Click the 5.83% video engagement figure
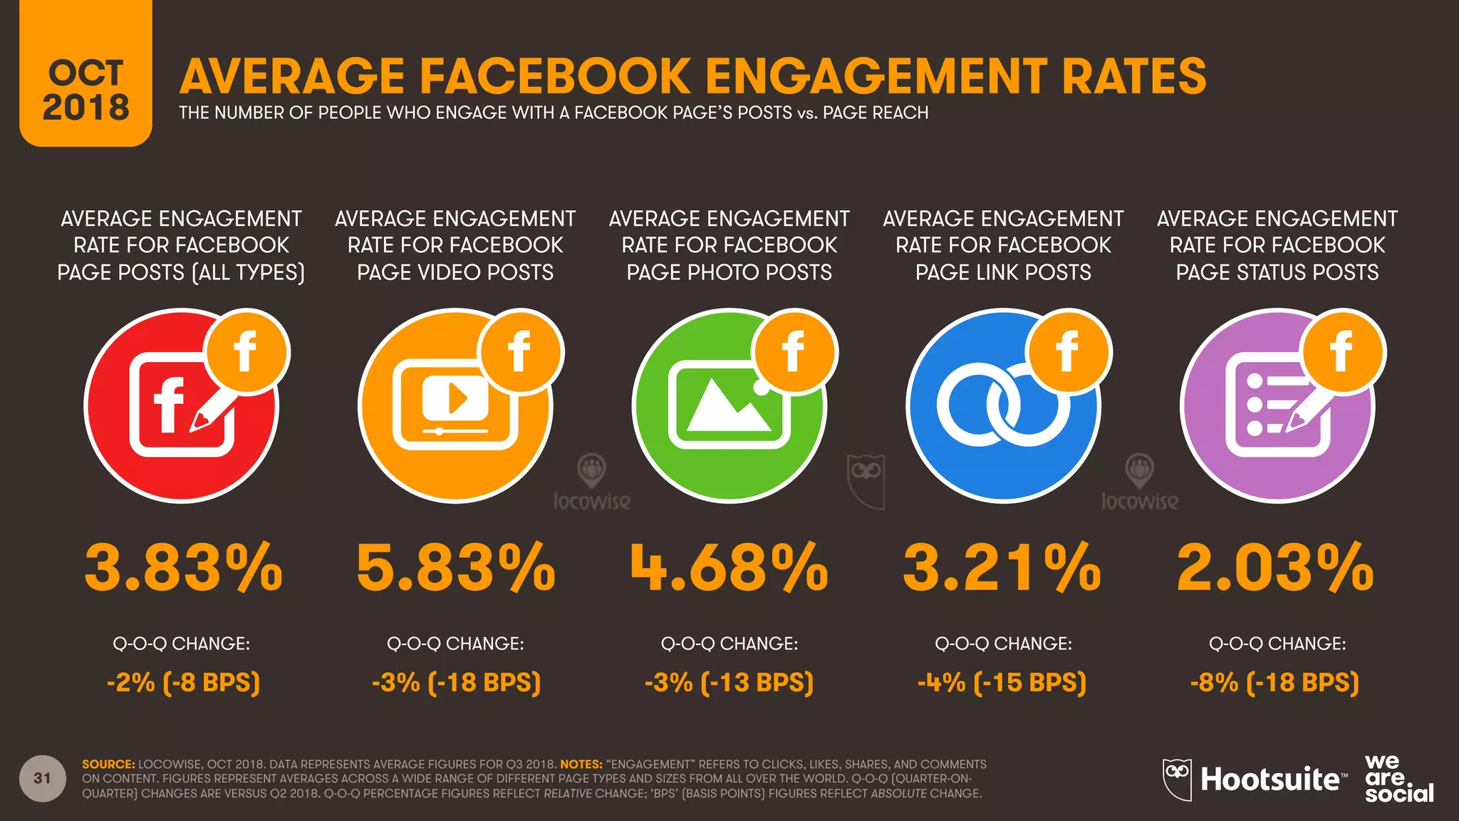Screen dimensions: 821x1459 [456, 567]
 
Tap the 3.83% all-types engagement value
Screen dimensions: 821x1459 [183, 567]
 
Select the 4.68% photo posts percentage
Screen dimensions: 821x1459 [729, 567]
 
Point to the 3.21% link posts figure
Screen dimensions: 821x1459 [1002, 567]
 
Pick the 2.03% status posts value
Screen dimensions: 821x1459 [1276, 567]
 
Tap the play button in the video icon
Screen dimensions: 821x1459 [457, 398]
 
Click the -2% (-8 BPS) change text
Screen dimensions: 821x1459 [183, 683]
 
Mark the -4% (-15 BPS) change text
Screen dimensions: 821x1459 [1002, 683]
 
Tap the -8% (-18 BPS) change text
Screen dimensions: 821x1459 [1275, 683]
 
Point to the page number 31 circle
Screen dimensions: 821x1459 [43, 778]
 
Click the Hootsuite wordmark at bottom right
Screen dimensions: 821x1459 [1270, 780]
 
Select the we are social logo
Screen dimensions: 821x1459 [1398, 778]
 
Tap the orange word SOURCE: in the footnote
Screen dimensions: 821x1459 [108, 764]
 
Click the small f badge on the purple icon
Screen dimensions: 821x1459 [1342, 351]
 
